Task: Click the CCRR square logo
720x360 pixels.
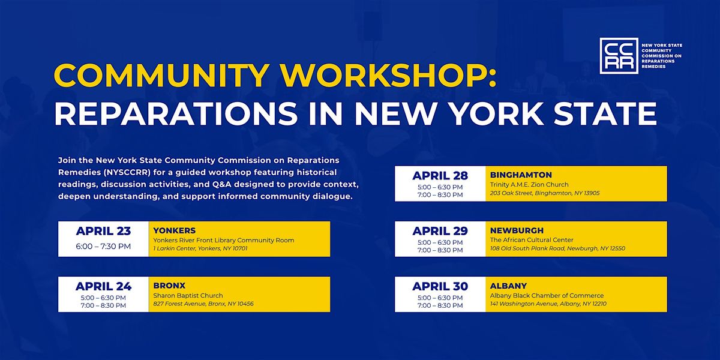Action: (619, 56)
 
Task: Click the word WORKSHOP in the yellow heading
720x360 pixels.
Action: (389, 76)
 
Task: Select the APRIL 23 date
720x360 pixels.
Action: (103, 231)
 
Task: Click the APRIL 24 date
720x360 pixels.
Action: (103, 286)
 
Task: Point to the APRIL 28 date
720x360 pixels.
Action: (440, 175)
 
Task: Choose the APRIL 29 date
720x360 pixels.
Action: (440, 231)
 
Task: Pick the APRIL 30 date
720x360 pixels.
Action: (440, 286)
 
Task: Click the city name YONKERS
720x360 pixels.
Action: (175, 230)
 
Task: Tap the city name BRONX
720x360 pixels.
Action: (169, 286)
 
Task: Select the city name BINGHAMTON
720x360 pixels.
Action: (521, 175)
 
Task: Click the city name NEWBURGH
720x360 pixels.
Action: (517, 230)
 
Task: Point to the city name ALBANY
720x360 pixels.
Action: (509, 286)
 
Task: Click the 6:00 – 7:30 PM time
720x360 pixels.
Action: (103, 246)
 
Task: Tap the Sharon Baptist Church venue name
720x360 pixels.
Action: (188, 295)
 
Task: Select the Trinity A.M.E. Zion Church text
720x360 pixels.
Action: (529, 185)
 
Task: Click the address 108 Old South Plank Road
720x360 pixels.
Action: (527, 248)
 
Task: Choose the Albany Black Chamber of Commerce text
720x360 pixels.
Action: (547, 295)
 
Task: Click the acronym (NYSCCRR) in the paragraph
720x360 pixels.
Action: (127, 172)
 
